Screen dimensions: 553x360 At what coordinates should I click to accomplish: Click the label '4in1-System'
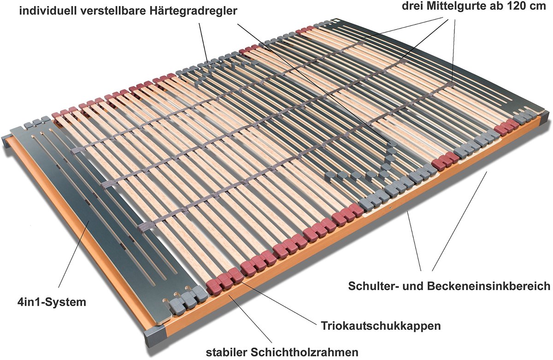click(x=52, y=302)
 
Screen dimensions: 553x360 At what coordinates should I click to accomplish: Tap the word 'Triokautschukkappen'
click(x=381, y=326)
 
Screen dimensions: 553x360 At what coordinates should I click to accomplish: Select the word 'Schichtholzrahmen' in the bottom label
click(x=305, y=352)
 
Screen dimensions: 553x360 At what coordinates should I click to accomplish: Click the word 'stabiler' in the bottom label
click(x=227, y=352)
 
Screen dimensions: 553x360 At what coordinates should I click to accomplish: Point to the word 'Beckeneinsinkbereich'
click(x=489, y=286)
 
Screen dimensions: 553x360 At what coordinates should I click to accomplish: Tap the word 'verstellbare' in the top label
click(x=112, y=11)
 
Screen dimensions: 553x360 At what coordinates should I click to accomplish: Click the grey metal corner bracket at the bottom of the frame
click(x=154, y=336)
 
